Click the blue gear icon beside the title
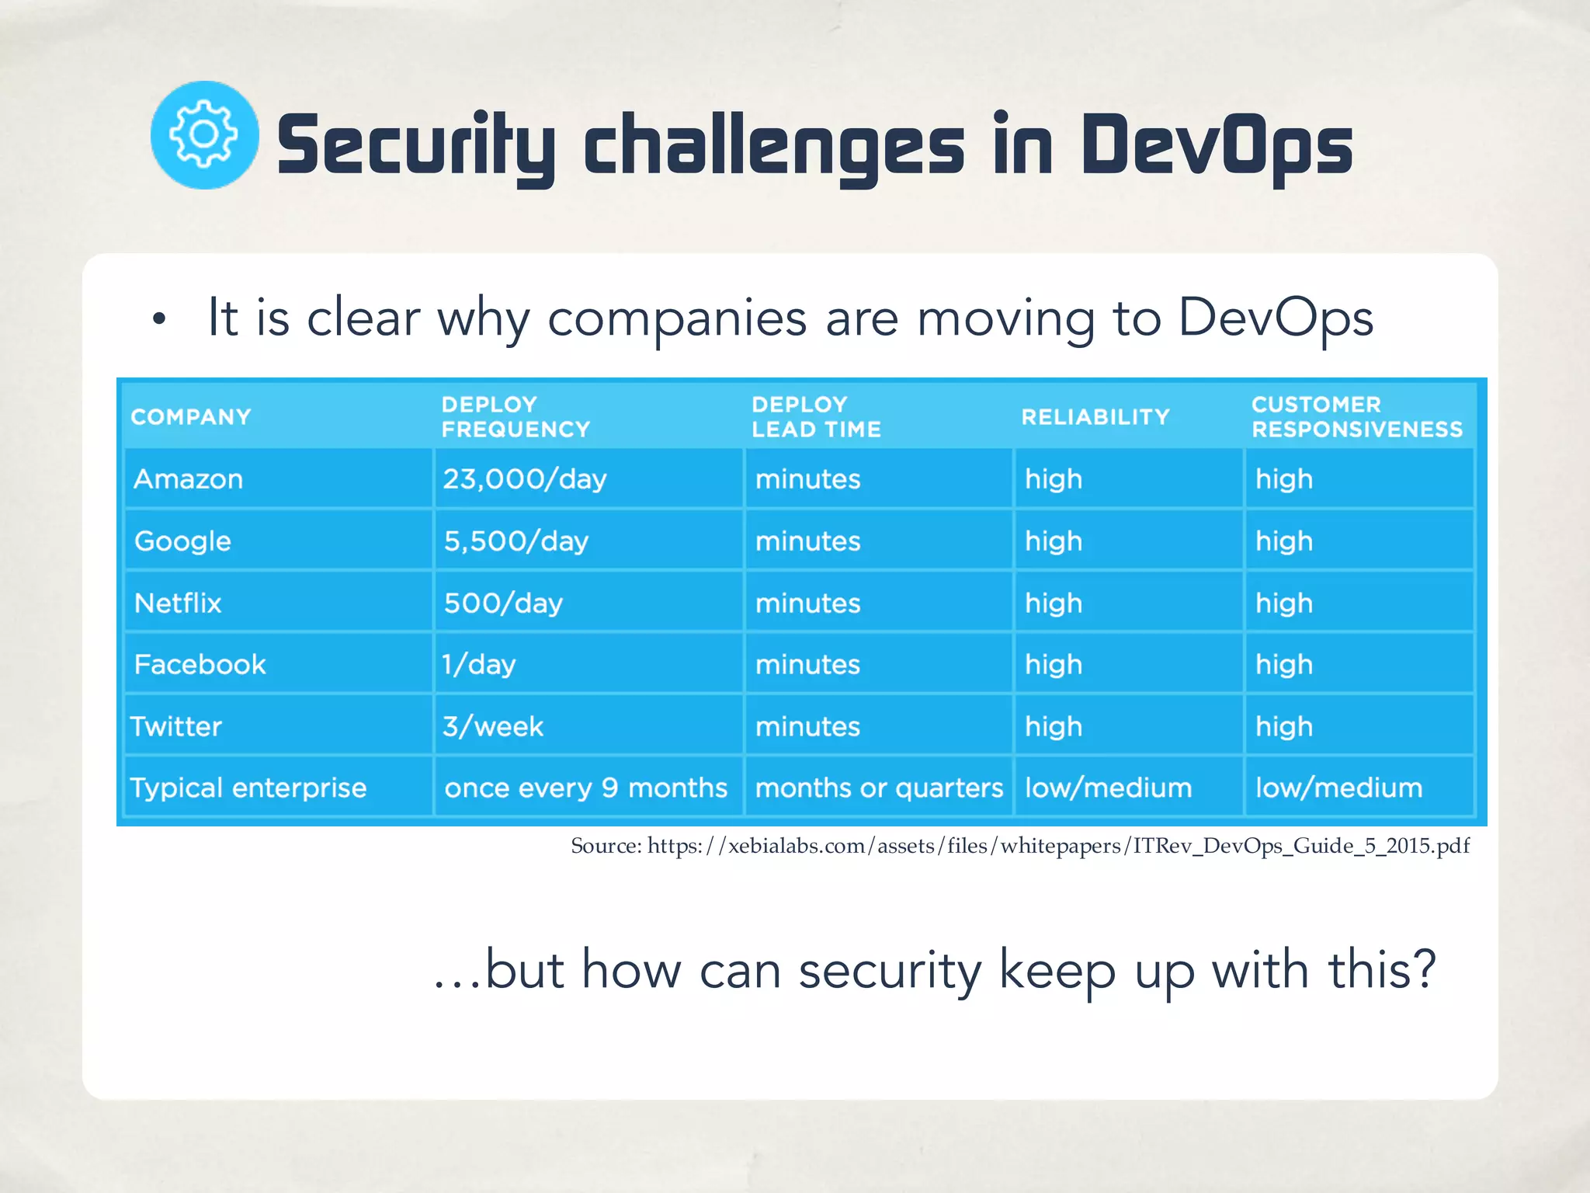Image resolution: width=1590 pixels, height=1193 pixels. click(204, 135)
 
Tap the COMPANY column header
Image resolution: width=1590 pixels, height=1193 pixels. click(191, 417)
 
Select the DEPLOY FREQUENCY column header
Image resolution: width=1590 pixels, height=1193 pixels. click(516, 417)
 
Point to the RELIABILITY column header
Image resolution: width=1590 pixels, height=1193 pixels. click(1095, 417)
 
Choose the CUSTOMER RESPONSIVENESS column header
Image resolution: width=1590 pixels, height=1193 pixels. click(1356, 417)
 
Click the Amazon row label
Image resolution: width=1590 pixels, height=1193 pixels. click(189, 479)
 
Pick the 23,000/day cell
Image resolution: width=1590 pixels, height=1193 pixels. click(525, 479)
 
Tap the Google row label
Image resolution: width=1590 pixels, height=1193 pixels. click(182, 541)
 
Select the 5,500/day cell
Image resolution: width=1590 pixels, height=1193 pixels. click(516, 541)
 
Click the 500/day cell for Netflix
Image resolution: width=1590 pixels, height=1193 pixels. click(503, 603)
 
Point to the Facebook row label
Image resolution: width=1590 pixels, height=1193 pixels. click(200, 665)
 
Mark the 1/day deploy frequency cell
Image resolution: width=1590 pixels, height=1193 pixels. click(479, 665)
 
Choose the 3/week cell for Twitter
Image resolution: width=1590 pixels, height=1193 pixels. click(493, 727)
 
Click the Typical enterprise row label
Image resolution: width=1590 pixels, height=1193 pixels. click(248, 788)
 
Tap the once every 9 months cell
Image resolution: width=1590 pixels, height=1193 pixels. click(586, 788)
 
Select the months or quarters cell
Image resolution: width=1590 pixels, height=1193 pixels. click(879, 788)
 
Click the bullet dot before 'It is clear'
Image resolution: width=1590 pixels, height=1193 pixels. click(159, 318)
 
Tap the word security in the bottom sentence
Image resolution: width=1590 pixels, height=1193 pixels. click(890, 971)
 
